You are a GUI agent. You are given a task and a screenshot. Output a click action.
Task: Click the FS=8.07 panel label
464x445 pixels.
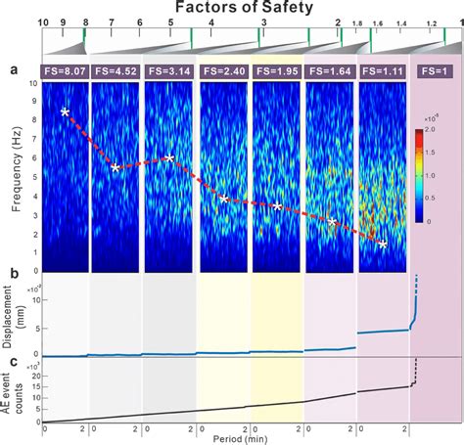point(64,70)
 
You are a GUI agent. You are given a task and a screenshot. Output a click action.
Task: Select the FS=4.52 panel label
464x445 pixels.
point(116,70)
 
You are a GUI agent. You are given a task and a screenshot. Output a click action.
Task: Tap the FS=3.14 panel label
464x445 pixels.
point(169,70)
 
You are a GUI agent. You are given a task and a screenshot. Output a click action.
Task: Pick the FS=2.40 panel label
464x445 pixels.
point(223,70)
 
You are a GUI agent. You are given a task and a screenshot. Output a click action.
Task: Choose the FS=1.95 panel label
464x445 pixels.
point(277,70)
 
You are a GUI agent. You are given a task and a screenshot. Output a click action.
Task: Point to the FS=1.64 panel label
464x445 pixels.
point(330,70)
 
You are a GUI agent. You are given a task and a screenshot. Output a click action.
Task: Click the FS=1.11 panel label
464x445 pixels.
point(383,70)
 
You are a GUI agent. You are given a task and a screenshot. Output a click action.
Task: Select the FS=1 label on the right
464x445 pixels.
point(434,70)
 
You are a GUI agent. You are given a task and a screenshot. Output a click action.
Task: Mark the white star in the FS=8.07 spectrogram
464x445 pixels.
point(65,112)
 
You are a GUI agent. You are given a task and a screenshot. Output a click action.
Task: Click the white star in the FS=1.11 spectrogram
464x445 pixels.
point(384,245)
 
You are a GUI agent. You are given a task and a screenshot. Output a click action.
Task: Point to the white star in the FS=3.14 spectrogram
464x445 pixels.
point(170,157)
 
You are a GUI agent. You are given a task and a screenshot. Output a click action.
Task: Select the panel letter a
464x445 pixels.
point(13,70)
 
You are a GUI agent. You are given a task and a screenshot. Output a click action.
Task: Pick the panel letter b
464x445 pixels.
point(13,284)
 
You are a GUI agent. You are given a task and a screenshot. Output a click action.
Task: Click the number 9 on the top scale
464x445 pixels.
point(63,21)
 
